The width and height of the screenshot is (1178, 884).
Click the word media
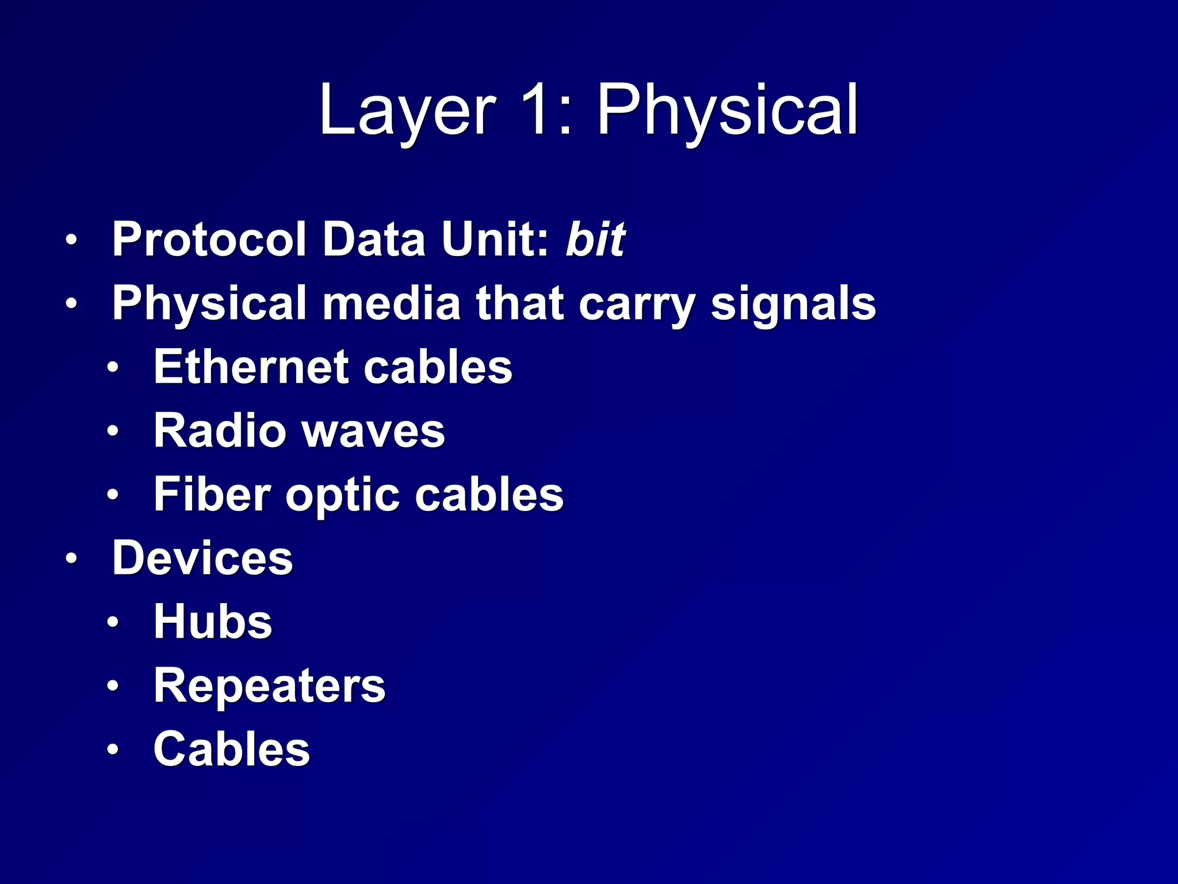click(392, 303)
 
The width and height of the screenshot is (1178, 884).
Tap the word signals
click(793, 303)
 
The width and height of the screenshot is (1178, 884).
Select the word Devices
click(202, 558)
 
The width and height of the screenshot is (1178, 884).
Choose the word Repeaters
click(269, 685)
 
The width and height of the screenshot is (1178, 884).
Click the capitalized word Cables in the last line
click(231, 749)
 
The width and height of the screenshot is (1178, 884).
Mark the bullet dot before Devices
click(71, 558)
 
